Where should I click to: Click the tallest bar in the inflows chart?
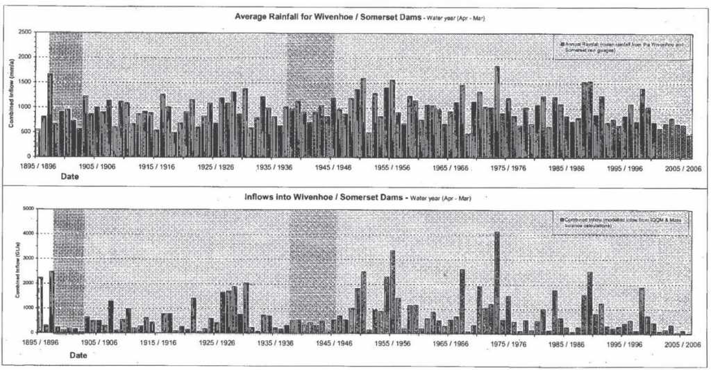496,282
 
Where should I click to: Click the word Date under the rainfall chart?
69,178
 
